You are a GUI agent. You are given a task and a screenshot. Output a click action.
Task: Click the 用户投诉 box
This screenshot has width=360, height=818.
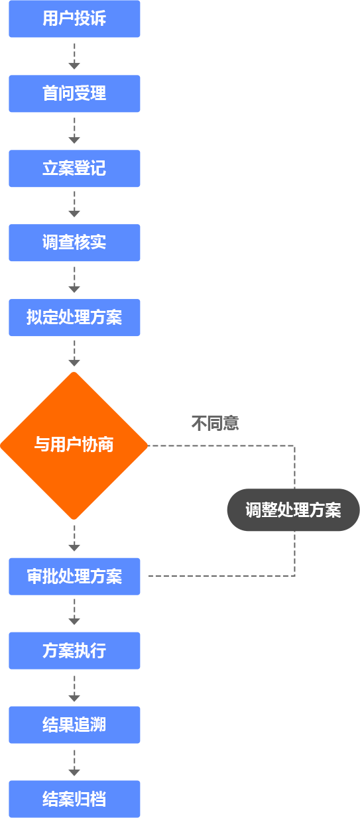click(x=74, y=19)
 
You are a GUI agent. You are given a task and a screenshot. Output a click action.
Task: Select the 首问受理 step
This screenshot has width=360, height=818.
click(x=74, y=93)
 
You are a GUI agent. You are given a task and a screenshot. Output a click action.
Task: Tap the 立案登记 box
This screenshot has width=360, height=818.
click(x=74, y=168)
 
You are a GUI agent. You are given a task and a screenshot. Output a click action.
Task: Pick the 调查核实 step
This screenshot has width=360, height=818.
click(x=74, y=243)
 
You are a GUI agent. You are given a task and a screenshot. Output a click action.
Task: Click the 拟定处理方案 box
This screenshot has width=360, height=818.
click(x=74, y=318)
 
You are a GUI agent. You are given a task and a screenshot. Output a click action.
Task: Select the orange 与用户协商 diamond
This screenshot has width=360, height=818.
click(x=74, y=445)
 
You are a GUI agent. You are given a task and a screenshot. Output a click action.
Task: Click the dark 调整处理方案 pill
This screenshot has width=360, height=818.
click(x=294, y=510)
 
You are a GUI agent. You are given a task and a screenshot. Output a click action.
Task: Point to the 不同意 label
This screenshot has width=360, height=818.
click(x=215, y=423)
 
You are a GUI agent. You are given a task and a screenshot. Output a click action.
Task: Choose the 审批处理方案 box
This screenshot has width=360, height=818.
click(x=74, y=576)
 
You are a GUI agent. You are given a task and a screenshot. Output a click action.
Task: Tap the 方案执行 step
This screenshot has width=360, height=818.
click(x=74, y=651)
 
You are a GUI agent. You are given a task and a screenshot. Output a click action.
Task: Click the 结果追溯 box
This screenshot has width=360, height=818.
click(x=74, y=725)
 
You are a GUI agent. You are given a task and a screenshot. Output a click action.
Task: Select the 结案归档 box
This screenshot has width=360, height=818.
click(x=74, y=799)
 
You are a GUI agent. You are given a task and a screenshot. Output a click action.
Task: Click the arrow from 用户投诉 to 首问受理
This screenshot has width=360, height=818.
click(x=74, y=56)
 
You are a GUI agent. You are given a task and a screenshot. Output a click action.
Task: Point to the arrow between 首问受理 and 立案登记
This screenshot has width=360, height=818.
click(x=74, y=131)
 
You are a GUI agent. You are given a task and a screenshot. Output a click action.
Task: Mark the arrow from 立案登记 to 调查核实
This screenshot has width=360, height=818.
click(x=74, y=204)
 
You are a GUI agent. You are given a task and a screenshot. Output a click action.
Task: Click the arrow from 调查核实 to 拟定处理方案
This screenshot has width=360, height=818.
click(x=74, y=280)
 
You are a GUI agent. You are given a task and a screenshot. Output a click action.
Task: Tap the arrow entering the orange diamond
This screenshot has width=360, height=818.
click(x=74, y=353)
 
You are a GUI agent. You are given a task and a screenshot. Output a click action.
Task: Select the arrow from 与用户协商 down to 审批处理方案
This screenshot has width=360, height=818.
click(x=74, y=538)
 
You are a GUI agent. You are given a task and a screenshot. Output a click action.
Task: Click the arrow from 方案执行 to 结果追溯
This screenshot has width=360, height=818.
click(x=74, y=689)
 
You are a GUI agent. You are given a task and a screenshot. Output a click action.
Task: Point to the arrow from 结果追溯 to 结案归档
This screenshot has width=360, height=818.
click(x=74, y=763)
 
